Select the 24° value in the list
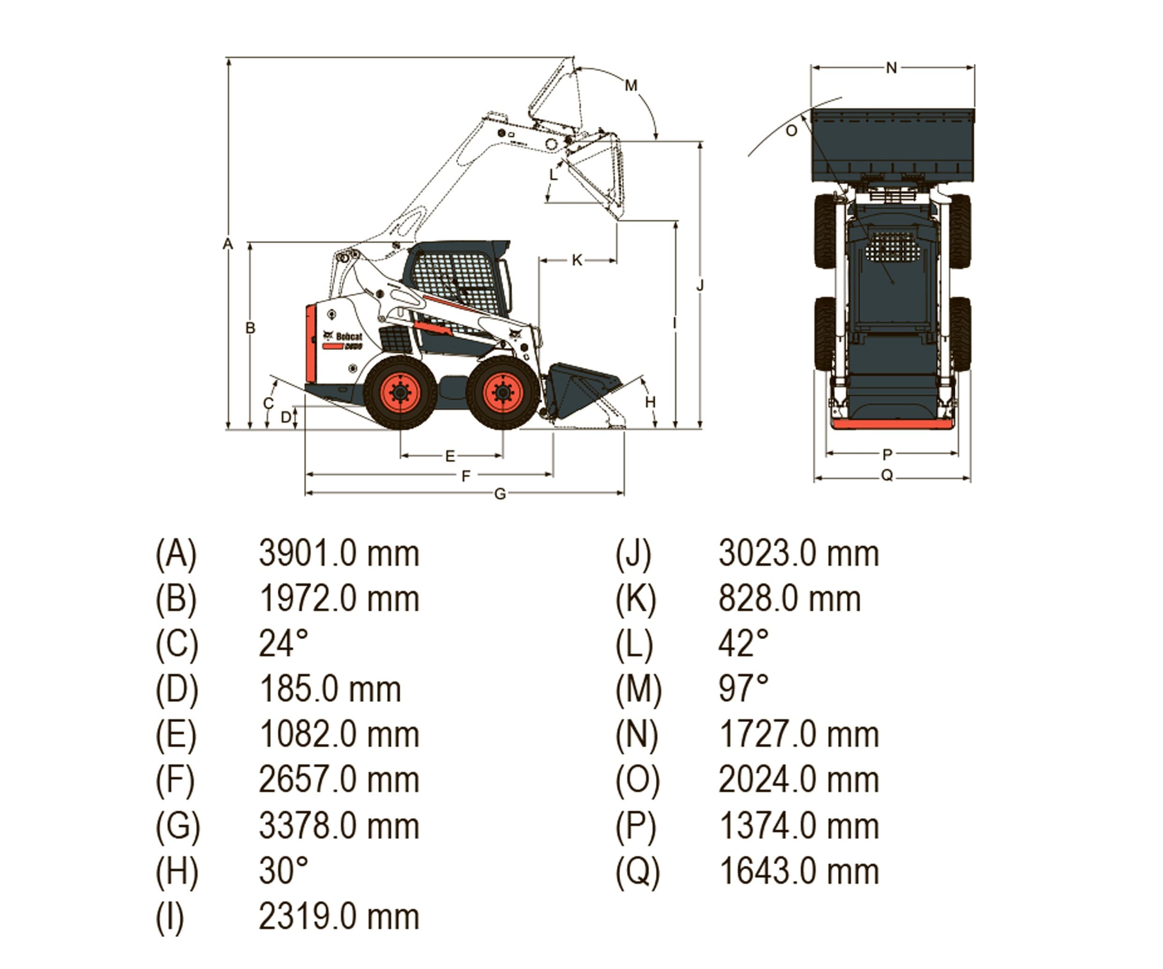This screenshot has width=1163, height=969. pos(283,644)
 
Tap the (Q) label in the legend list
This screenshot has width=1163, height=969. pos(638,871)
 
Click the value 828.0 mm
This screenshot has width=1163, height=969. pos(789,599)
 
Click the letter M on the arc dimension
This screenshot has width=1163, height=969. pos(631,85)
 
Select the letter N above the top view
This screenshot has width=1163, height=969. pos(891,68)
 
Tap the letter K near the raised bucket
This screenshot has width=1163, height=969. pos(577,260)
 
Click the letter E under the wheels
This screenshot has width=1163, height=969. pos(450,456)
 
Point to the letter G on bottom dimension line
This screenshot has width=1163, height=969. pos(500,494)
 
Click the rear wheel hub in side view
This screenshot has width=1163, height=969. pos(400,392)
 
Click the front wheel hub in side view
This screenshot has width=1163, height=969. pos(503,392)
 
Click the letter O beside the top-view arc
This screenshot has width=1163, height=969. pos(791,131)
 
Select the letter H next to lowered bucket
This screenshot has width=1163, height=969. pos(650,402)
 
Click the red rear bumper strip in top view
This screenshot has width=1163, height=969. pos(892,424)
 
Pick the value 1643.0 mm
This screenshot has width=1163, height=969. pos(798,871)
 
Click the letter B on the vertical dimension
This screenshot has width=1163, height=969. pos(251,328)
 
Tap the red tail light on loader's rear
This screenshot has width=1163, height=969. pos(311,343)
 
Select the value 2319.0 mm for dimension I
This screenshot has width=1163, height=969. pos(339,917)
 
